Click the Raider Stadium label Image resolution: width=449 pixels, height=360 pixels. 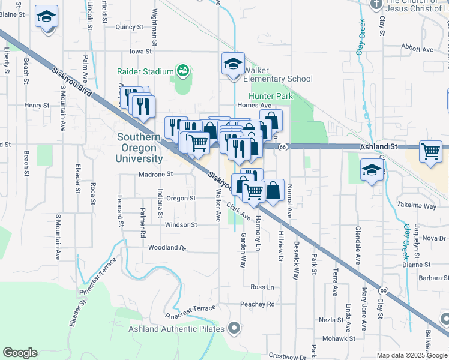pyautogui.click(x=145, y=71)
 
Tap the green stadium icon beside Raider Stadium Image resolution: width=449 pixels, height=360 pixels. pyautogui.click(x=182, y=71)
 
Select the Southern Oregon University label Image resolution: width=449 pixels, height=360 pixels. pyautogui.click(x=140, y=148)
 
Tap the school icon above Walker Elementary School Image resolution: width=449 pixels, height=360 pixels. pyautogui.click(x=233, y=64)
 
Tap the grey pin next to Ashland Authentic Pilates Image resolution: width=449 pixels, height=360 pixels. pyautogui.click(x=234, y=328)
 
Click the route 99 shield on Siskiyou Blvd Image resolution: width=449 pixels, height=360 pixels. pyautogui.click(x=383, y=289)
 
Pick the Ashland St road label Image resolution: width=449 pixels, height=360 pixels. pyautogui.click(x=379, y=146)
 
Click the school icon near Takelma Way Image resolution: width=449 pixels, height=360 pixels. pyautogui.click(x=371, y=170)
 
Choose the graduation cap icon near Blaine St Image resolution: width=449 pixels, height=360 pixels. pyautogui.click(x=46, y=17)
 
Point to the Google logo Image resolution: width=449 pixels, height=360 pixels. pyautogui.click(x=20, y=353)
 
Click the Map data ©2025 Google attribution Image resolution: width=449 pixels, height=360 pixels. pyautogui.click(x=412, y=355)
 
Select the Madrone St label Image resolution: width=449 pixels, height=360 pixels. pyautogui.click(x=155, y=174)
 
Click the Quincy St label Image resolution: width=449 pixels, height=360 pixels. pyautogui.click(x=130, y=27)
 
